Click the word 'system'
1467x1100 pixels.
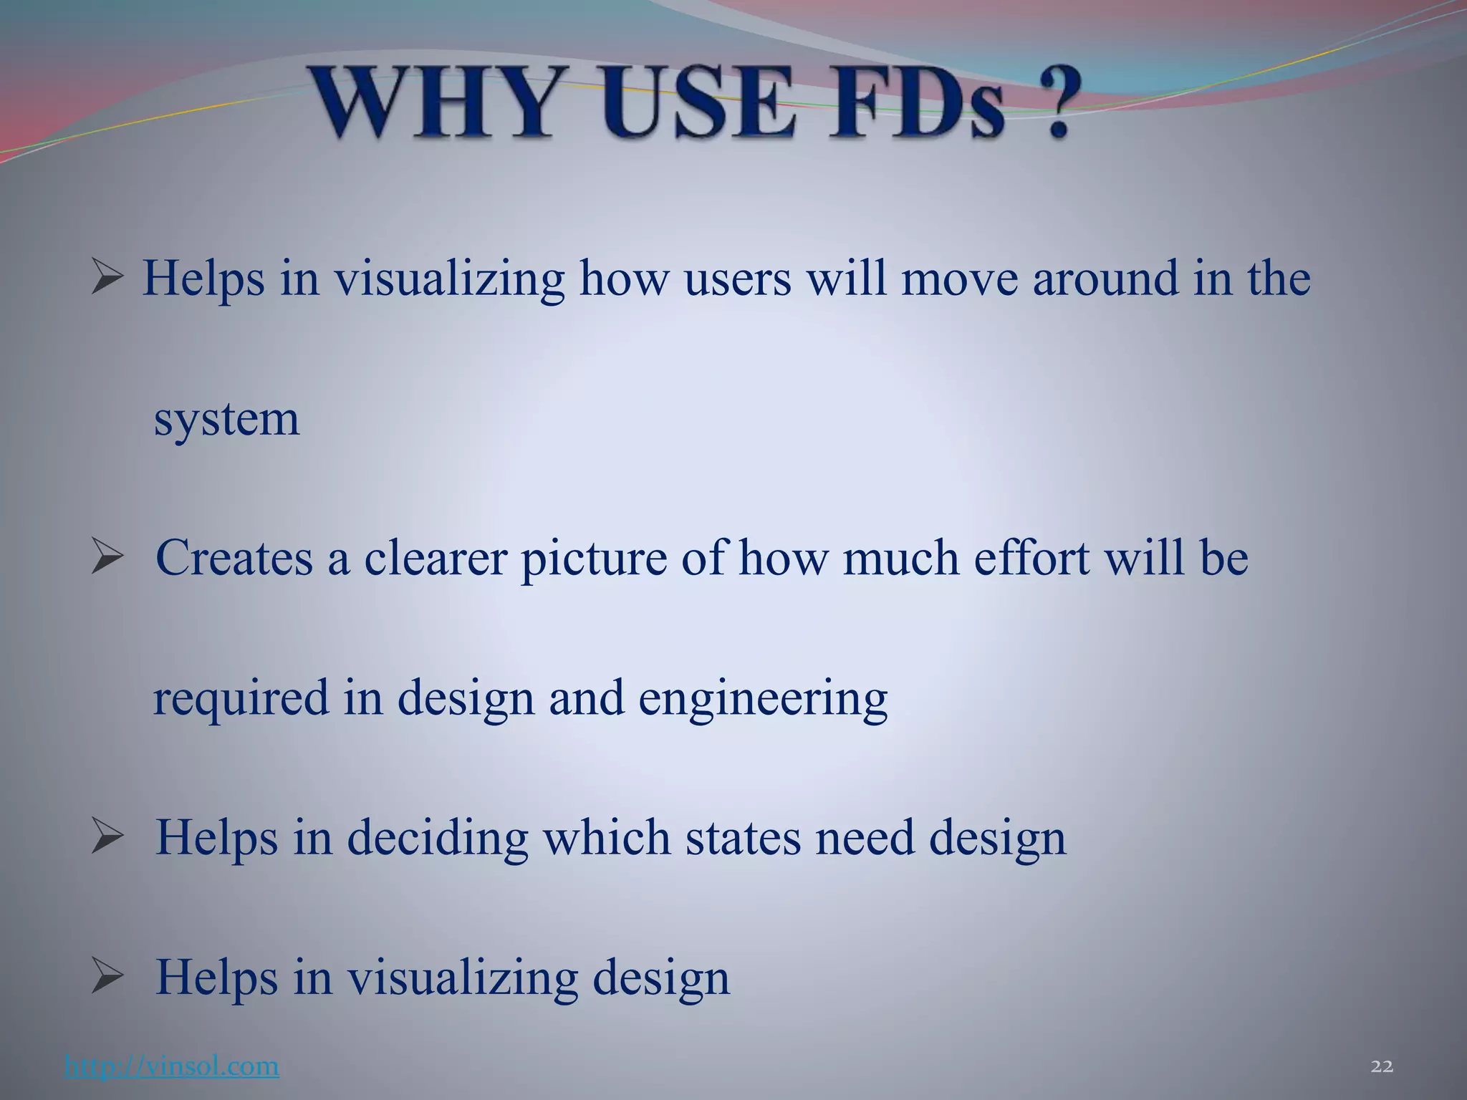point(226,420)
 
